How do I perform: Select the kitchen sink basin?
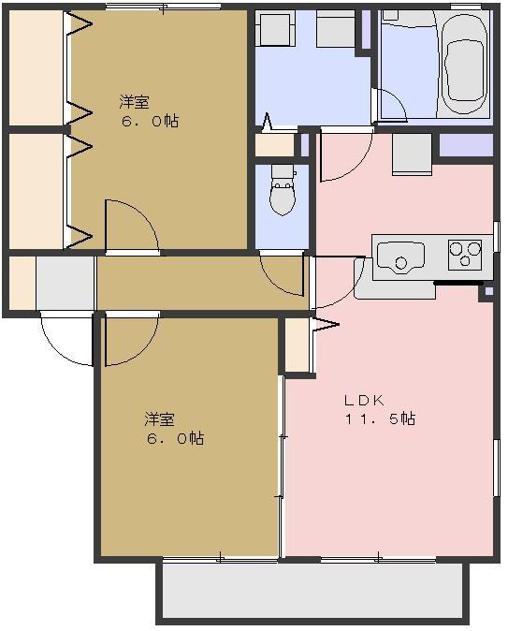point(400,255)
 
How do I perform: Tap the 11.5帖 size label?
point(380,419)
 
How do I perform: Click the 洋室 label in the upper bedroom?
point(134,101)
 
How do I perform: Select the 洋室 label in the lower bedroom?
point(159,418)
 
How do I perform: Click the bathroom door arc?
point(391,106)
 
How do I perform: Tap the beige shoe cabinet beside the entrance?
point(22,282)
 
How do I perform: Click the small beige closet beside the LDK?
point(297,346)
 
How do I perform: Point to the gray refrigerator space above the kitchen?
point(412,154)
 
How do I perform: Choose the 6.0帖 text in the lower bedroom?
point(173,438)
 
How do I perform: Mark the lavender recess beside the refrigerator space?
point(465,146)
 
